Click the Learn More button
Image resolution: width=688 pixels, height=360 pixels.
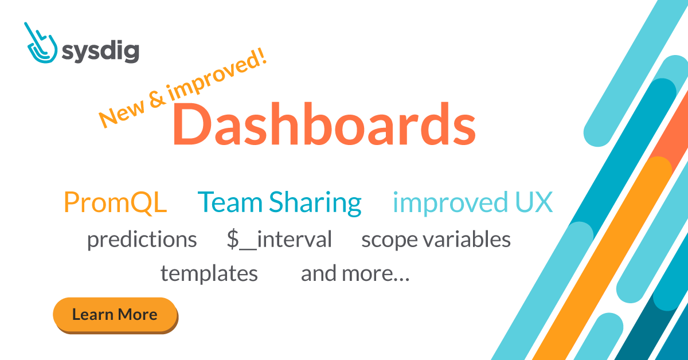click(115, 314)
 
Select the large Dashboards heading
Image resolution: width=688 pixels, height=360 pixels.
click(324, 123)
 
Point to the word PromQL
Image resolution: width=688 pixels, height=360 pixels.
click(115, 202)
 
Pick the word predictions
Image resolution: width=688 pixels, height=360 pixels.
click(142, 240)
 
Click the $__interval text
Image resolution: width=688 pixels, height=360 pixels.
click(279, 240)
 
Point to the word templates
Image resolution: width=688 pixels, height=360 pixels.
click(209, 274)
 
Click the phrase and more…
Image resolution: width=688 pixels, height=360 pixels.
click(355, 274)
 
